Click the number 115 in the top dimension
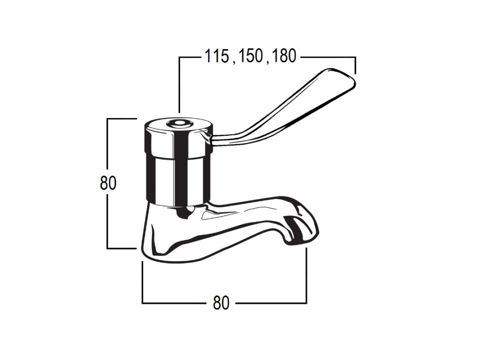[x=216, y=56]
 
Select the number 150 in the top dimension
[x=250, y=56]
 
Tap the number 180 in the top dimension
[x=283, y=56]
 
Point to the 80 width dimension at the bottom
[x=221, y=303]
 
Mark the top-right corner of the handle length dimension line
[x=355, y=58]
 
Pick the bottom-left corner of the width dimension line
[x=143, y=303]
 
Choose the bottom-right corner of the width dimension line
[x=306, y=303]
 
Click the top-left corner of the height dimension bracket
[x=108, y=119]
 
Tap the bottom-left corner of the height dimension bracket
[x=108, y=248]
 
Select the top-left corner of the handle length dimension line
[x=180, y=58]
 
